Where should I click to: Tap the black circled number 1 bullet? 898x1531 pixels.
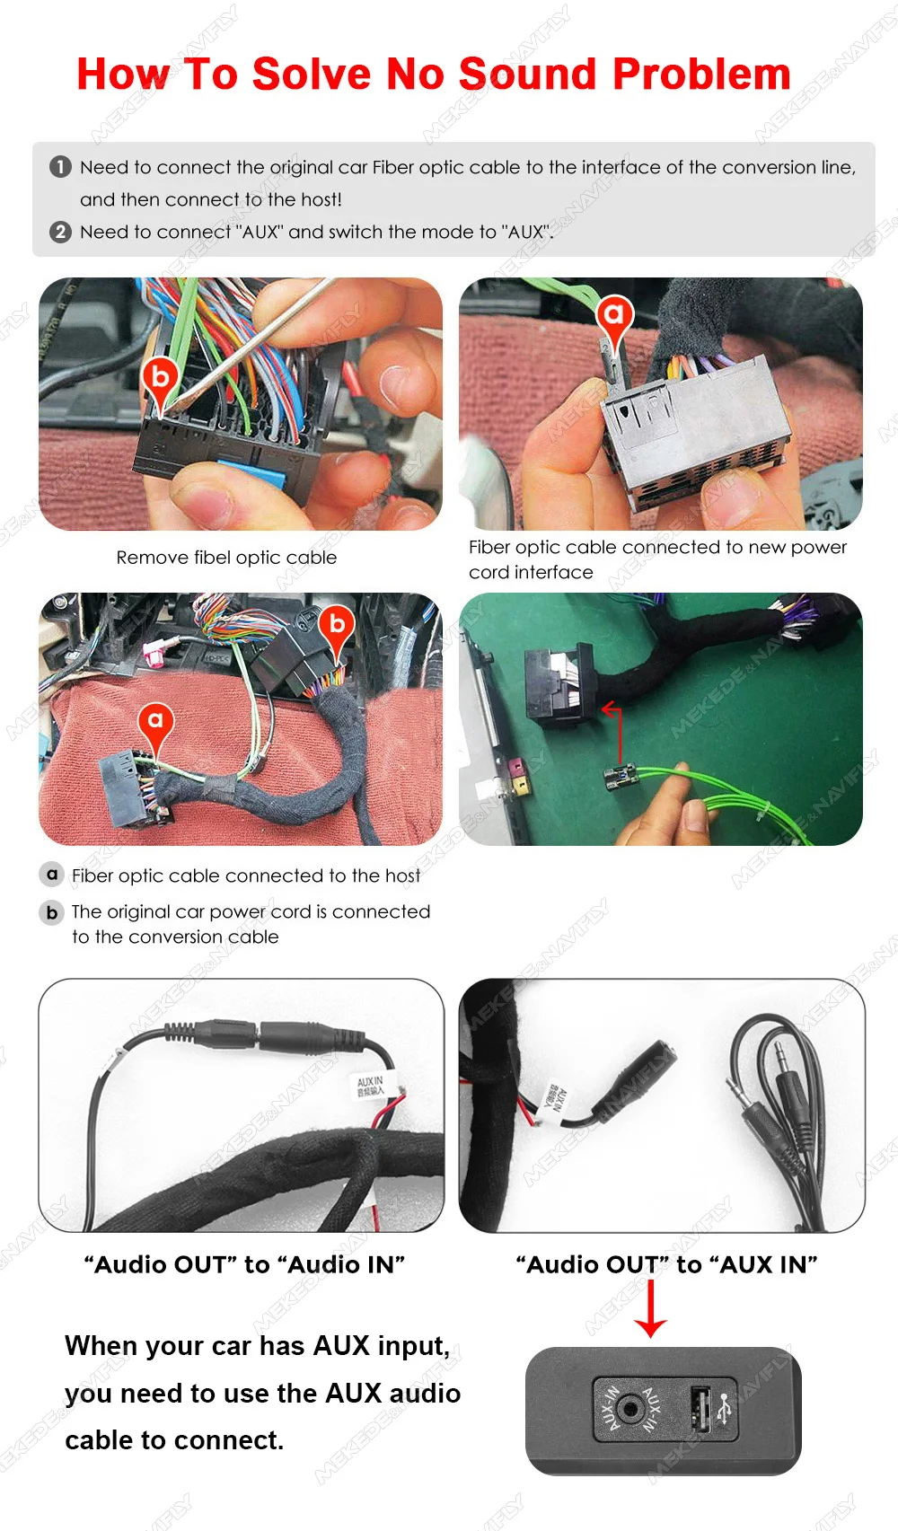(x=60, y=167)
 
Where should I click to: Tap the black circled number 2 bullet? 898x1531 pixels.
(x=60, y=232)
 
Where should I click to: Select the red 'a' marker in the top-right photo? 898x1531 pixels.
(x=614, y=315)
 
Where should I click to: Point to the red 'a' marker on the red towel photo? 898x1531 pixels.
(x=155, y=721)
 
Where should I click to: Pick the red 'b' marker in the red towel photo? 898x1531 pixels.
(x=337, y=624)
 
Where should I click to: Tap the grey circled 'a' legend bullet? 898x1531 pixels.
(x=52, y=875)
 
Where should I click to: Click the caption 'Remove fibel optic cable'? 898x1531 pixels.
(x=226, y=558)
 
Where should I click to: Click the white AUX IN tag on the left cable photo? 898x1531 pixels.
(x=370, y=1086)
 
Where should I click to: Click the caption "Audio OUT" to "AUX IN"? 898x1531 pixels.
(x=666, y=1264)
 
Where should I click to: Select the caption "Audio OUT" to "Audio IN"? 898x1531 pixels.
(x=244, y=1264)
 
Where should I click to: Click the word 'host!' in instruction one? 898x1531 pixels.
(x=321, y=199)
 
